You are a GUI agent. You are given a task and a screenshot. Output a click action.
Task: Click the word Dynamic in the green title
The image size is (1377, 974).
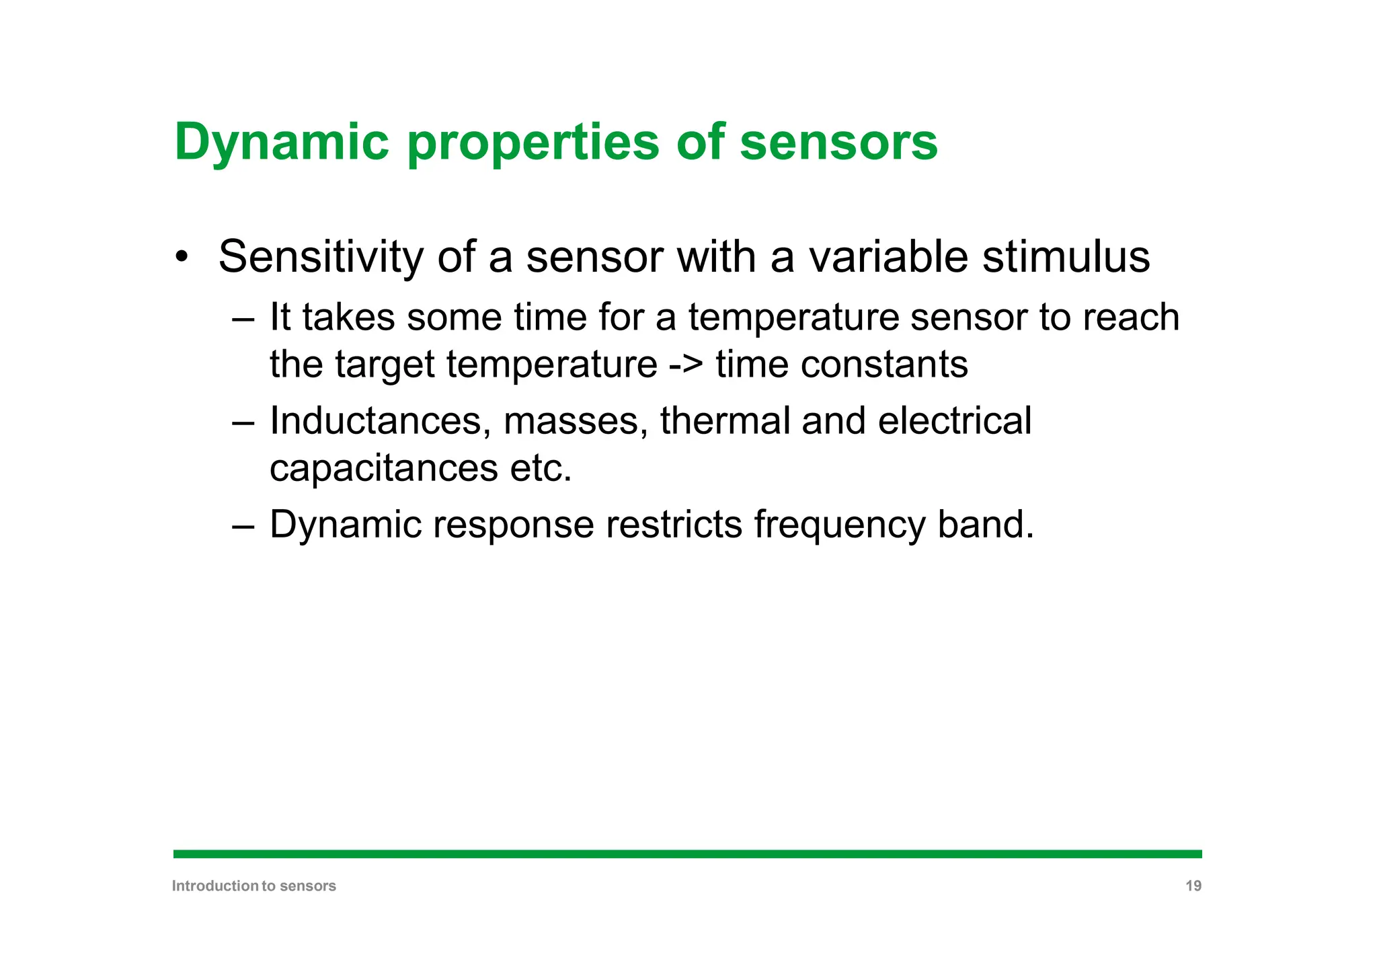281,143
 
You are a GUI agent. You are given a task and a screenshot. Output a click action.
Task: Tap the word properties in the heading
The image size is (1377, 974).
533,143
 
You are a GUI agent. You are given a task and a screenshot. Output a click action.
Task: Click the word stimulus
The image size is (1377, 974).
1066,257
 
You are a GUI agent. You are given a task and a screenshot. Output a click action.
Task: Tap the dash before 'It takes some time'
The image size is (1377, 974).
242,318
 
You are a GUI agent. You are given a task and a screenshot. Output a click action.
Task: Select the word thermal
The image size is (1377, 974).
725,422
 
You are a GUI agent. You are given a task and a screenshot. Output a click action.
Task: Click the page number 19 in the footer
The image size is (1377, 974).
1193,886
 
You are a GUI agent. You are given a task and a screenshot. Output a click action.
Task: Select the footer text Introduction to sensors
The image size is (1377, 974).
253,886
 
